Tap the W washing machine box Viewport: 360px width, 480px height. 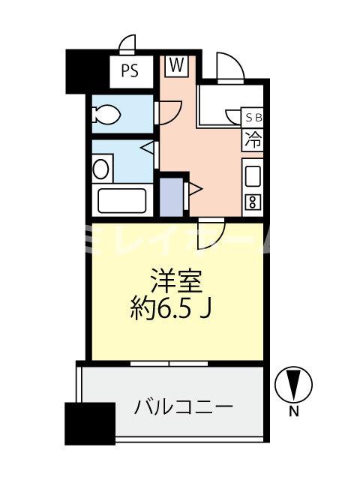[x=176, y=66]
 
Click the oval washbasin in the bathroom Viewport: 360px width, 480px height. [x=100, y=168]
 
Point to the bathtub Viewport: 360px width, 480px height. [x=122, y=200]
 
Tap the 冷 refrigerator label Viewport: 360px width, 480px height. [x=253, y=139]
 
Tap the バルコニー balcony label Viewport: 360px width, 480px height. [x=184, y=407]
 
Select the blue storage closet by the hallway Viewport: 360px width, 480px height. [x=171, y=193]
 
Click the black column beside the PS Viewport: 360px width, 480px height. [x=86, y=70]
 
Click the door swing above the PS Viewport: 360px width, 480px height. [x=128, y=43]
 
